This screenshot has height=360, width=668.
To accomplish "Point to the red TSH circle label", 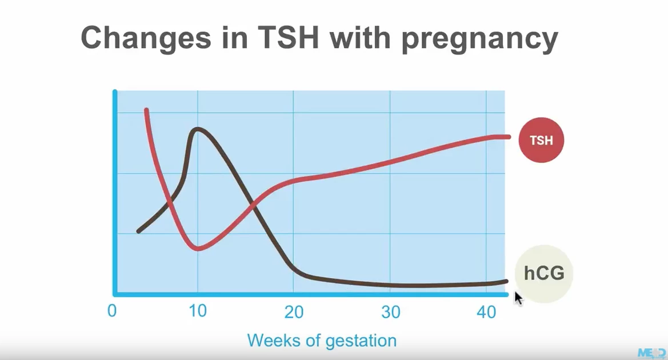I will tap(541, 139).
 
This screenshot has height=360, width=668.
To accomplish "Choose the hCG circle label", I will tap(543, 273).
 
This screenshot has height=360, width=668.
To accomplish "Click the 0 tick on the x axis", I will tap(112, 312).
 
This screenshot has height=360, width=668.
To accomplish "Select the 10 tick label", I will tap(197, 312).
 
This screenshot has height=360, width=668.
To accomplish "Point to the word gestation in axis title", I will tap(361, 341).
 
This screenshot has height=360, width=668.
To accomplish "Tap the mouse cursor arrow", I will tap(517, 297).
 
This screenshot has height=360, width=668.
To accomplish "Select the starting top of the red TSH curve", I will tap(146, 110).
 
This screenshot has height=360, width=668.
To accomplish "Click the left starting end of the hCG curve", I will tap(139, 231).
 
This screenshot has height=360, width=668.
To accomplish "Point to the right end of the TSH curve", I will tap(508, 136).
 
